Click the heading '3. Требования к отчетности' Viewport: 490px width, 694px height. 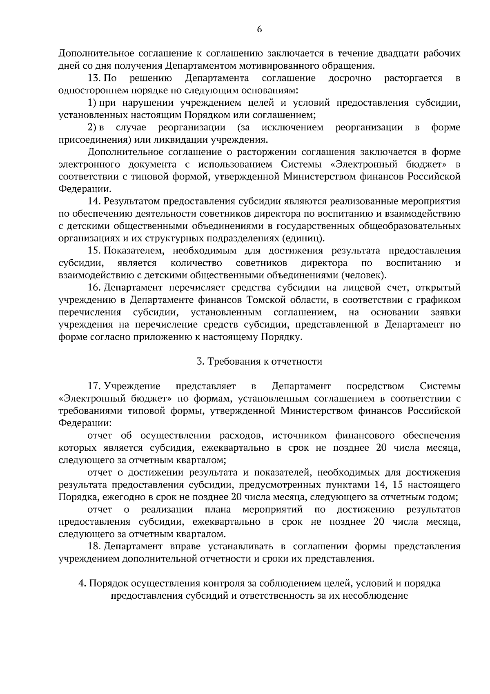click(259, 362)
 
